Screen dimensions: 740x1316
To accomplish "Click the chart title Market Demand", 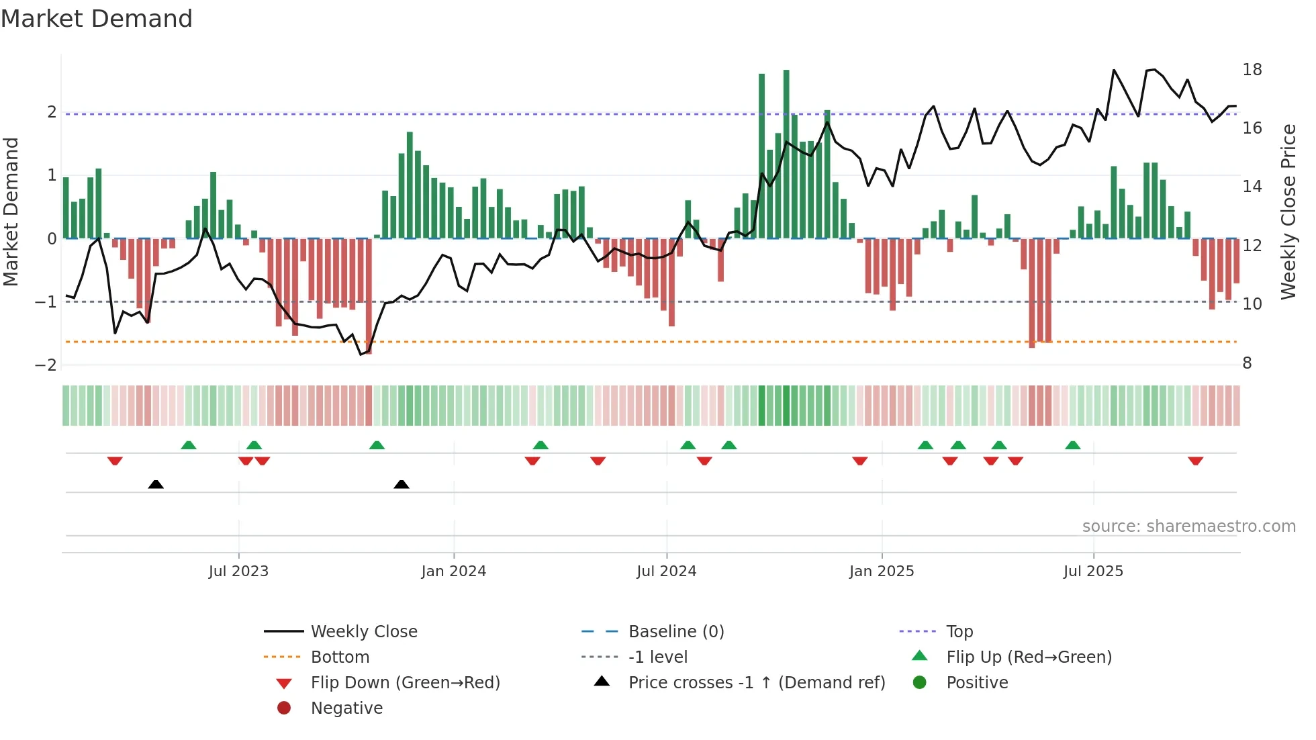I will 97,19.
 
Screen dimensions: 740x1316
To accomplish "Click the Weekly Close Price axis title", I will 1288,212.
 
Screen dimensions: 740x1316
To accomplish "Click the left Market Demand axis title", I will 11,212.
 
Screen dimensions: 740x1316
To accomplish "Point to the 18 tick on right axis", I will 1252,70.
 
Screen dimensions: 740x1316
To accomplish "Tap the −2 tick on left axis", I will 46,365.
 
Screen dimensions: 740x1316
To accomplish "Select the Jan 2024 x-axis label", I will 453,571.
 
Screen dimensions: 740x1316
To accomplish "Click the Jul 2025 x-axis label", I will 1092,571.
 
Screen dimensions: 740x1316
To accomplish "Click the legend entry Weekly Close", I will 363,632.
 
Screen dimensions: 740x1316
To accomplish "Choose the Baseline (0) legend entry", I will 675,632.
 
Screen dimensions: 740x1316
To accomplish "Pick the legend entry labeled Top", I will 959,632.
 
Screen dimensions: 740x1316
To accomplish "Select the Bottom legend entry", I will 340,657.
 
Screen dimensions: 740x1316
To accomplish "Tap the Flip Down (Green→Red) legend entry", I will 405,683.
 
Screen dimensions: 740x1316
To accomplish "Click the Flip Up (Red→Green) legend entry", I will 1029,657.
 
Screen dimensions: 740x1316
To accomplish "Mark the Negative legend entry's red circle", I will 284,708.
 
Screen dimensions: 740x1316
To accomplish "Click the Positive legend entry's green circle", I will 920,683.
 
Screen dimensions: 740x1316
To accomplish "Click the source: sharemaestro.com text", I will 1188,526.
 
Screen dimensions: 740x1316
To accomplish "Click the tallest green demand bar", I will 786,154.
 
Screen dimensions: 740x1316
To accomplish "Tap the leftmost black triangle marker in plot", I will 156,484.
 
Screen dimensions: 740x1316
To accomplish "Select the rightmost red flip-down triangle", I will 1195,461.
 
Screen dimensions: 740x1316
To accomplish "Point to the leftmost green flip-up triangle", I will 189,445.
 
